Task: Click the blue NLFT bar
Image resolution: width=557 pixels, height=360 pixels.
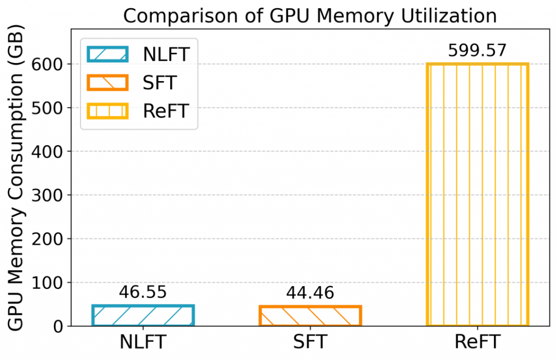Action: coord(143,316)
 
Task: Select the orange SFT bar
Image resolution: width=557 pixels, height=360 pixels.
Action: coord(310,316)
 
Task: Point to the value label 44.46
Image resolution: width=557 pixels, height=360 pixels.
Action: coord(310,294)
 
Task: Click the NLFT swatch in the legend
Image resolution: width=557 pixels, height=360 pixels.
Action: coord(107,54)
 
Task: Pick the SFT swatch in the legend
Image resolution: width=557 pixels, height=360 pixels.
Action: coord(107,83)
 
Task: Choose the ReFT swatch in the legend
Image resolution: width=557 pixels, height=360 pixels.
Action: coord(107,111)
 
